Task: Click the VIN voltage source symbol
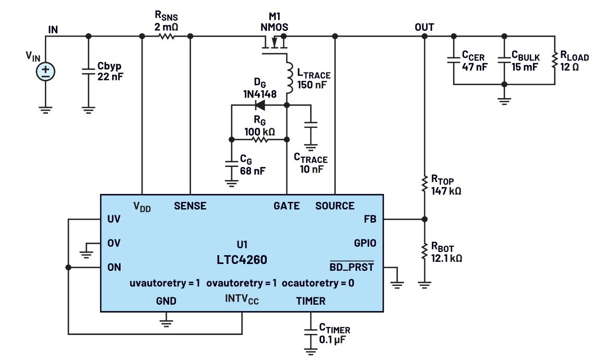point(45,72)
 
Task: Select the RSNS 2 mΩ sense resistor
point(166,37)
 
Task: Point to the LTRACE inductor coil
point(287,76)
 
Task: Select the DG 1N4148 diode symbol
point(258,105)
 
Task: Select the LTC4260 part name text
point(241,259)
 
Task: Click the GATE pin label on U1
point(287,206)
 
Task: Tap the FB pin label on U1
point(369,219)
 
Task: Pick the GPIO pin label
point(365,243)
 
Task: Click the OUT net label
point(424,27)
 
